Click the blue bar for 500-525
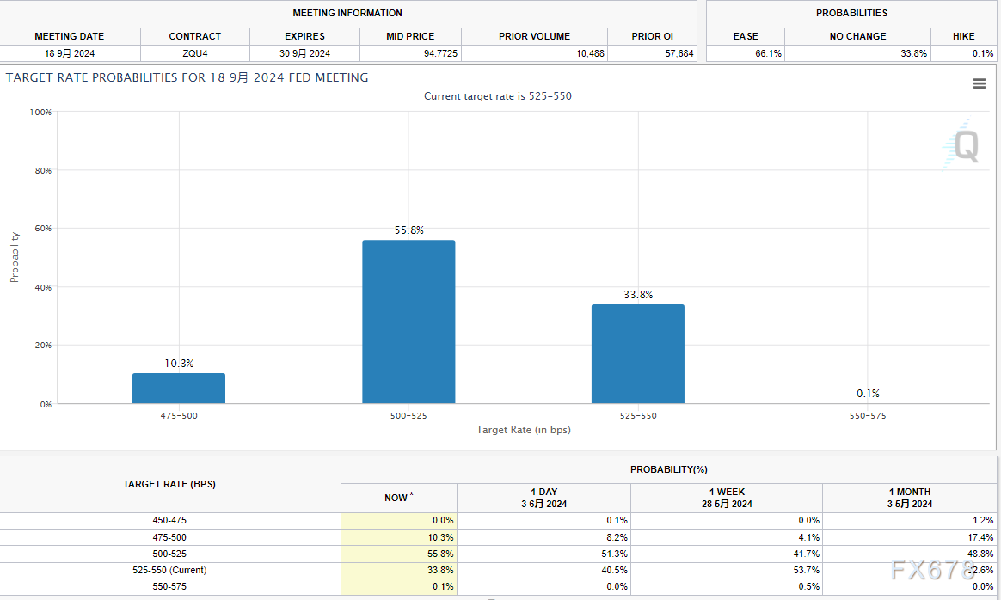click(x=408, y=321)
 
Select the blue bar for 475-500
click(x=179, y=388)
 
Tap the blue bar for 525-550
click(x=638, y=353)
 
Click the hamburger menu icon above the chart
click(x=979, y=83)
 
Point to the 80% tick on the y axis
click(x=42, y=170)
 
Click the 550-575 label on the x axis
click(x=867, y=416)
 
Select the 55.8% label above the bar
click(x=408, y=230)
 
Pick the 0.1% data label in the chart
click(x=868, y=394)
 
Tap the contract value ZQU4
click(x=195, y=53)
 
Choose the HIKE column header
click(x=963, y=36)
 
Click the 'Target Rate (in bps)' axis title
click(x=523, y=430)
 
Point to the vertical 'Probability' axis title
click(x=15, y=257)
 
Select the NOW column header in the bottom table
click(x=396, y=498)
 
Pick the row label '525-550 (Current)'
click(x=169, y=570)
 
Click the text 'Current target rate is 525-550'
click(x=497, y=96)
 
